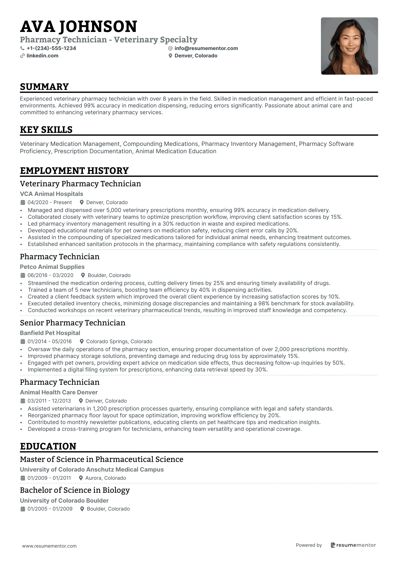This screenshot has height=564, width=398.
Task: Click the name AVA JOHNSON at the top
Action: pos(78,27)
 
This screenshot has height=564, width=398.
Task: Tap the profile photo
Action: pos(349,46)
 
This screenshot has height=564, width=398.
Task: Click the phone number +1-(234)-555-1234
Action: pos(51,48)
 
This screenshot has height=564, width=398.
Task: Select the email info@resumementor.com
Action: pos(206,48)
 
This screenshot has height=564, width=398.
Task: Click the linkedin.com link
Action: pos(42,56)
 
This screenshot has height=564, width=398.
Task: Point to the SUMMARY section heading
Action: pos(44,87)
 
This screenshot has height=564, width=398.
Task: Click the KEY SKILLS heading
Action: pos(46,130)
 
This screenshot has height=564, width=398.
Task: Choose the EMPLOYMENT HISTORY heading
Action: pos(74,171)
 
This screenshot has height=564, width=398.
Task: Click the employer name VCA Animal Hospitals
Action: pos(51,194)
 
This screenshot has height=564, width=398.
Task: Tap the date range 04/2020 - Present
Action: pos(49,202)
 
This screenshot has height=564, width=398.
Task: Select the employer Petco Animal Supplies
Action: pos(52,267)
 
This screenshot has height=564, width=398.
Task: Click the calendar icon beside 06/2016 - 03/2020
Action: pos(23,275)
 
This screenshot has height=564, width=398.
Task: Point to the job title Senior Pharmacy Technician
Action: pos(73,323)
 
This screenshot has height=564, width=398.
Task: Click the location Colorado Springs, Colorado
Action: pos(119,342)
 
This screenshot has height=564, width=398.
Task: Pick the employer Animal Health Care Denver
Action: pos(59,392)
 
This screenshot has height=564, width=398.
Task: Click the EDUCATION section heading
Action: pos(48,446)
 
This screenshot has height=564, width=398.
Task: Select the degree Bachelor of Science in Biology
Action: pos(75,490)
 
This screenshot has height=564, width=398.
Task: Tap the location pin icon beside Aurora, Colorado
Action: pos(81,478)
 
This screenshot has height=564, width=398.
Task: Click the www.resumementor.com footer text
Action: pos(49,546)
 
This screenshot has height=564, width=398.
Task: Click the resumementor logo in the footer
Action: pos(353,545)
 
